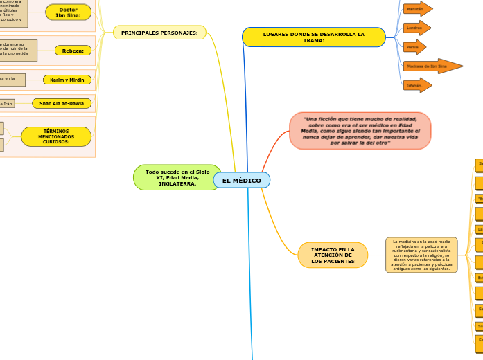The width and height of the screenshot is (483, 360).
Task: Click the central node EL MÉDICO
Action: pyautogui.click(x=241, y=181)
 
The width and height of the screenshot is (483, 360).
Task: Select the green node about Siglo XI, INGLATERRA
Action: pyautogui.click(x=177, y=177)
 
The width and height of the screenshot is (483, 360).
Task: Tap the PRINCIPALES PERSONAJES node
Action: pyautogui.click(x=159, y=33)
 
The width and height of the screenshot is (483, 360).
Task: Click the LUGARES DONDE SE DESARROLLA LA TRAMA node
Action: pyautogui.click(x=313, y=37)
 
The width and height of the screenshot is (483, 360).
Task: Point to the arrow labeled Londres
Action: pyautogui.click(x=416, y=28)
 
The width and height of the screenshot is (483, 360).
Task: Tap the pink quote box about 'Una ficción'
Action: pyautogui.click(x=360, y=131)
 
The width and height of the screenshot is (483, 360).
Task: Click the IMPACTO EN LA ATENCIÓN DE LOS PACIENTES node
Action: pyautogui.click(x=333, y=255)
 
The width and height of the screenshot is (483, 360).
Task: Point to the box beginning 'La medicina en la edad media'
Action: pyautogui.click(x=421, y=255)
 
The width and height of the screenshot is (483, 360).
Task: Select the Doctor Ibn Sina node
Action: pyautogui.click(x=68, y=12)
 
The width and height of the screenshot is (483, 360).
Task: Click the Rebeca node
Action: pyautogui.click(x=73, y=51)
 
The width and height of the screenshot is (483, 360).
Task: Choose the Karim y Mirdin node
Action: pyautogui.click(x=67, y=80)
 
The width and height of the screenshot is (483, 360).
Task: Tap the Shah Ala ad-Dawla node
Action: pyautogui.click(x=62, y=104)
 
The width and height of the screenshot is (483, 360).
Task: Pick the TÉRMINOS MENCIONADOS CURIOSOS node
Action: pyautogui.click(x=56, y=136)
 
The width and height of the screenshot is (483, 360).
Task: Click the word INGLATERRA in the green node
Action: pyautogui.click(x=177, y=184)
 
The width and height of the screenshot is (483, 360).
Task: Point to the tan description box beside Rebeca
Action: pyautogui.click(x=18, y=50)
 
